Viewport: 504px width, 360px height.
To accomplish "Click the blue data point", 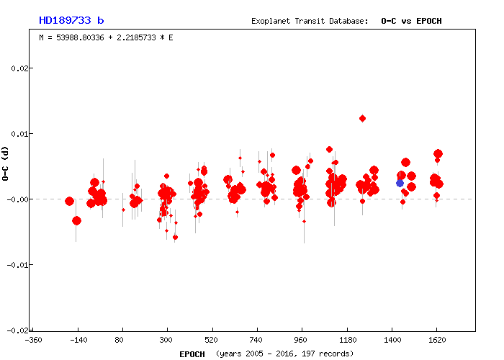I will (400, 183).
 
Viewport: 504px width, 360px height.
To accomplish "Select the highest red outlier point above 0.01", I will (362, 118).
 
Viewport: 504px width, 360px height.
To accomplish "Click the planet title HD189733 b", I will (71, 20).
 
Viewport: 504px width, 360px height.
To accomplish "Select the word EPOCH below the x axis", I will (192, 354).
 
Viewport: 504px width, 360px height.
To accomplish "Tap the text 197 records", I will (330, 354).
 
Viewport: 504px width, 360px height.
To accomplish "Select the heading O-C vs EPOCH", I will (411, 21).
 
